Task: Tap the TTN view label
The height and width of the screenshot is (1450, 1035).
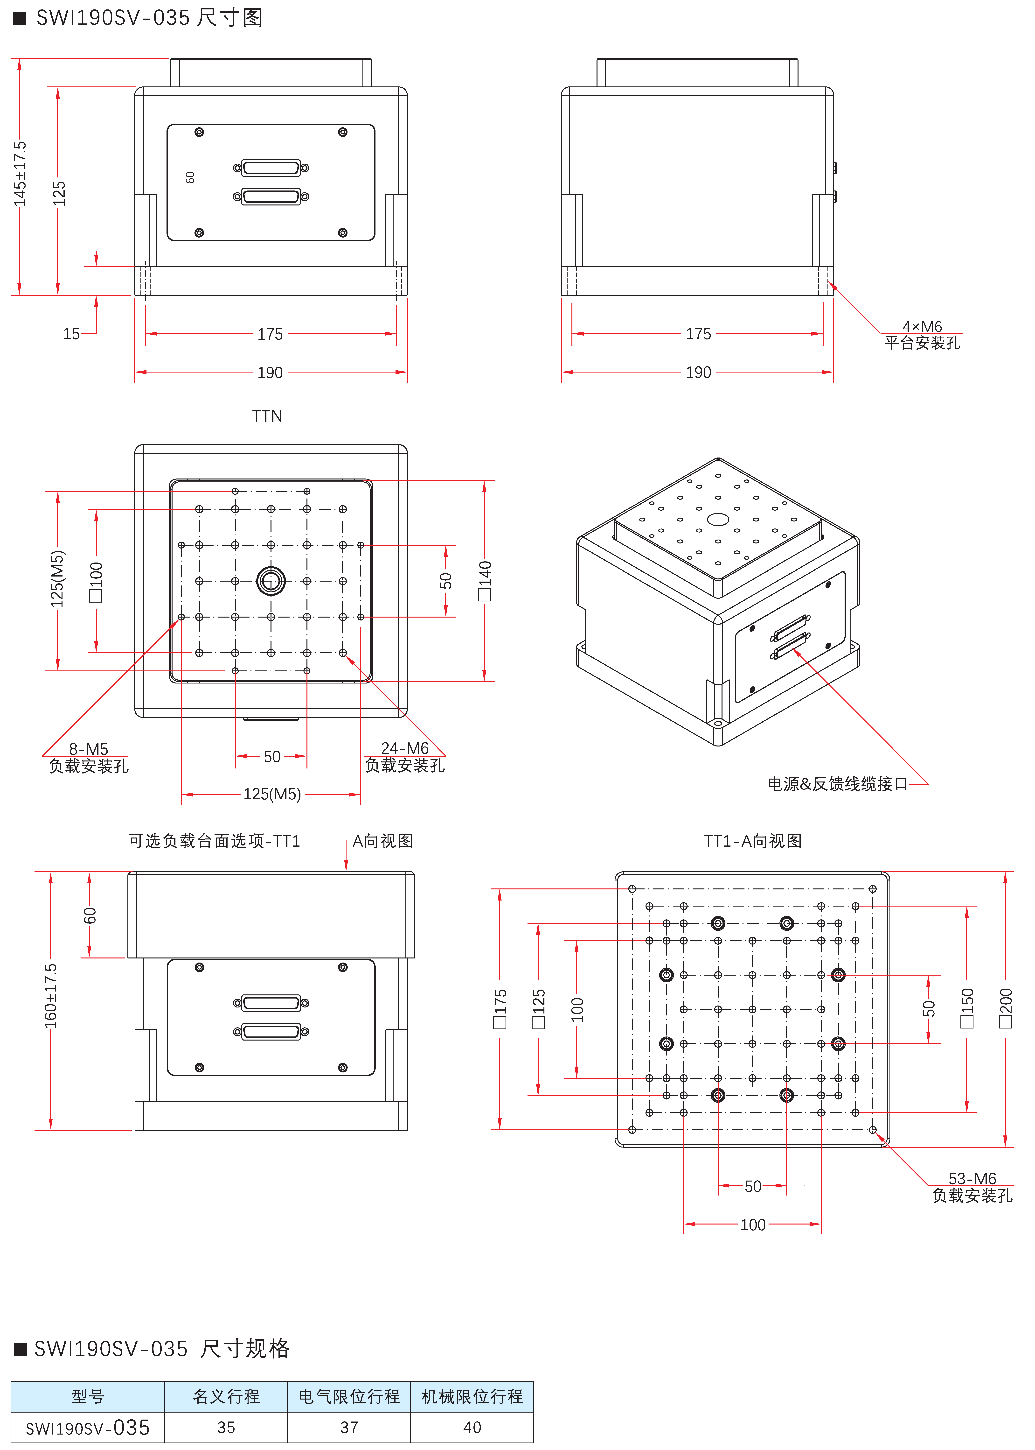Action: pyautogui.click(x=267, y=416)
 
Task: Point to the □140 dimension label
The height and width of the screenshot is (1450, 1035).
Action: pyautogui.click(x=485, y=581)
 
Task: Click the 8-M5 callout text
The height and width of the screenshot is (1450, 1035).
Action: pyautogui.click(x=89, y=749)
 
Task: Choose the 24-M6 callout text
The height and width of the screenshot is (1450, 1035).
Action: pyautogui.click(x=405, y=748)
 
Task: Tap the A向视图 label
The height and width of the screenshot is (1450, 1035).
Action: pyautogui.click(x=382, y=841)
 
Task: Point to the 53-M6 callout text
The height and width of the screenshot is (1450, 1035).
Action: pyautogui.click(x=972, y=1178)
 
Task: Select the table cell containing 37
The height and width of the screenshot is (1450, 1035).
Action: pyautogui.click(x=349, y=1428)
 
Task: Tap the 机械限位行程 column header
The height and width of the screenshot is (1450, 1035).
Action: pyautogui.click(x=472, y=1396)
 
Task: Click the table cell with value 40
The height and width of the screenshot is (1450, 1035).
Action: pyautogui.click(x=472, y=1428)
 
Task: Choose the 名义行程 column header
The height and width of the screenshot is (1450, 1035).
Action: pyautogui.click(x=226, y=1396)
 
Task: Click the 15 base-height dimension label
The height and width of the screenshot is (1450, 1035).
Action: pyautogui.click(x=71, y=334)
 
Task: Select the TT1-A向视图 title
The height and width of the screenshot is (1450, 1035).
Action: pyautogui.click(x=753, y=841)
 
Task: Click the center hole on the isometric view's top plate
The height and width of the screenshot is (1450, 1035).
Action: pyautogui.click(x=718, y=520)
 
